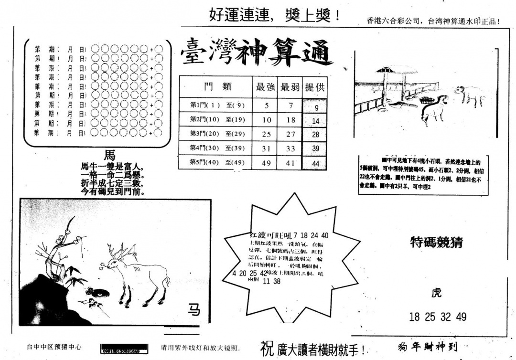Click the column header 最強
click(x=266, y=87)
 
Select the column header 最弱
click(x=290, y=87)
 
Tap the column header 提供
click(x=315, y=87)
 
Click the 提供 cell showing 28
click(x=316, y=135)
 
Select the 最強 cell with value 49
click(x=267, y=163)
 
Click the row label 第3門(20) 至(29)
click(x=211, y=134)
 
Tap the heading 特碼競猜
click(x=436, y=243)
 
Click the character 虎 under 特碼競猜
click(x=436, y=293)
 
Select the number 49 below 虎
click(x=461, y=317)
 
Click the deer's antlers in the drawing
click(x=117, y=252)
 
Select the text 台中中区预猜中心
click(x=54, y=347)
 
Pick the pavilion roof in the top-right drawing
click(x=390, y=70)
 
